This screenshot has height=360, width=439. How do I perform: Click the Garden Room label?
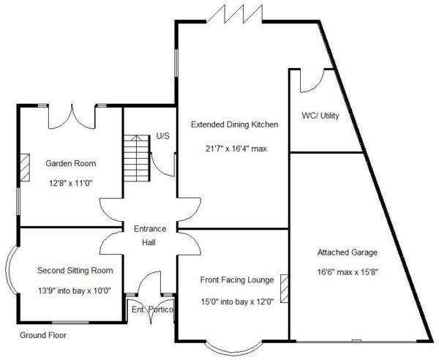tap(71, 163)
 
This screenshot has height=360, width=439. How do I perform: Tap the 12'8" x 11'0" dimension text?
tap(71, 184)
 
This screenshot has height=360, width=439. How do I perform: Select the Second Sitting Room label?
tap(75, 271)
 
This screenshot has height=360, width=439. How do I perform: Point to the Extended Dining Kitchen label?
tap(235, 124)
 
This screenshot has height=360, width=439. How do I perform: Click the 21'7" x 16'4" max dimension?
tap(236, 149)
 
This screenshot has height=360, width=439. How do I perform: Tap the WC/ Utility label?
tap(320, 116)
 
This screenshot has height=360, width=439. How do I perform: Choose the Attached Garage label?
tap(348, 252)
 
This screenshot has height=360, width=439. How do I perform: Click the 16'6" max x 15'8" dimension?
tap(348, 272)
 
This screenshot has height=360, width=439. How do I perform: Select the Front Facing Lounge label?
tap(237, 280)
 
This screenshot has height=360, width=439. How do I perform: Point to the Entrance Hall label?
tap(150, 236)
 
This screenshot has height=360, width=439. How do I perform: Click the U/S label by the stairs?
tap(163, 136)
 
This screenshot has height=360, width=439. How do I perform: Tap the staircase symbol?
tap(137, 158)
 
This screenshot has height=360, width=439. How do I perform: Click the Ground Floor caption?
tap(43, 335)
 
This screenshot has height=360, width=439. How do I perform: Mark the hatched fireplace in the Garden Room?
tap(25, 168)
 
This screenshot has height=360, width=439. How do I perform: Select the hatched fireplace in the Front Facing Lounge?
tap(285, 288)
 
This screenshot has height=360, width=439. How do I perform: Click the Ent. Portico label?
tap(152, 310)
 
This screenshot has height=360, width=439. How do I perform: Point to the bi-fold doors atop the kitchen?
tap(235, 14)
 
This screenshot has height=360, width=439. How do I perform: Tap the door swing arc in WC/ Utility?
tap(312, 81)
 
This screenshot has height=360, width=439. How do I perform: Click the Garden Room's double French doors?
tap(72, 117)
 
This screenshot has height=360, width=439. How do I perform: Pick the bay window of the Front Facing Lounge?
tap(234, 349)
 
